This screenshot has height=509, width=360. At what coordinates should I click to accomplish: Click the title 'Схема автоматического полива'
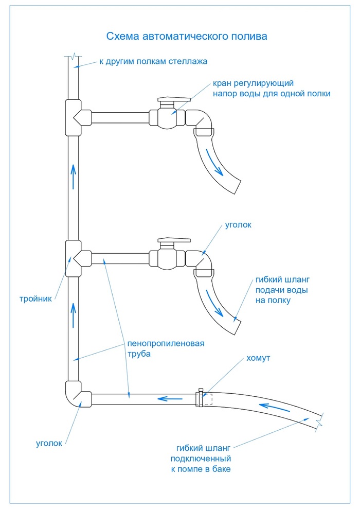click(187, 36)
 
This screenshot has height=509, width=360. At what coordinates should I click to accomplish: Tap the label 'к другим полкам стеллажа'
click(153, 61)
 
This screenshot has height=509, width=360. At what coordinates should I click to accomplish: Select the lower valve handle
click(174, 240)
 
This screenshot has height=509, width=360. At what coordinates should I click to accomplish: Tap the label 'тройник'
click(35, 299)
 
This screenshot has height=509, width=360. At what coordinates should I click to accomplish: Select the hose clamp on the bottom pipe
click(200, 397)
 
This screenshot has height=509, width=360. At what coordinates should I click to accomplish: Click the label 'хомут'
click(259, 358)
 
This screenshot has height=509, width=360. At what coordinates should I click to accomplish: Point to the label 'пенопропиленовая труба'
click(166, 348)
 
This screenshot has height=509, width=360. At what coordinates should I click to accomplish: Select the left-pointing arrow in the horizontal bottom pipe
click(171, 398)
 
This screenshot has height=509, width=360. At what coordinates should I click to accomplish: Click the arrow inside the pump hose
click(274, 407)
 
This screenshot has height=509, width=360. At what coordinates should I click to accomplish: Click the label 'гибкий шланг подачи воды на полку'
click(282, 290)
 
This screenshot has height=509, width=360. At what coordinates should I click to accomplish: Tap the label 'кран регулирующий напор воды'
click(272, 89)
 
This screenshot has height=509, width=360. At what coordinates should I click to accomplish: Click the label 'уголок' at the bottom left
click(49, 444)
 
